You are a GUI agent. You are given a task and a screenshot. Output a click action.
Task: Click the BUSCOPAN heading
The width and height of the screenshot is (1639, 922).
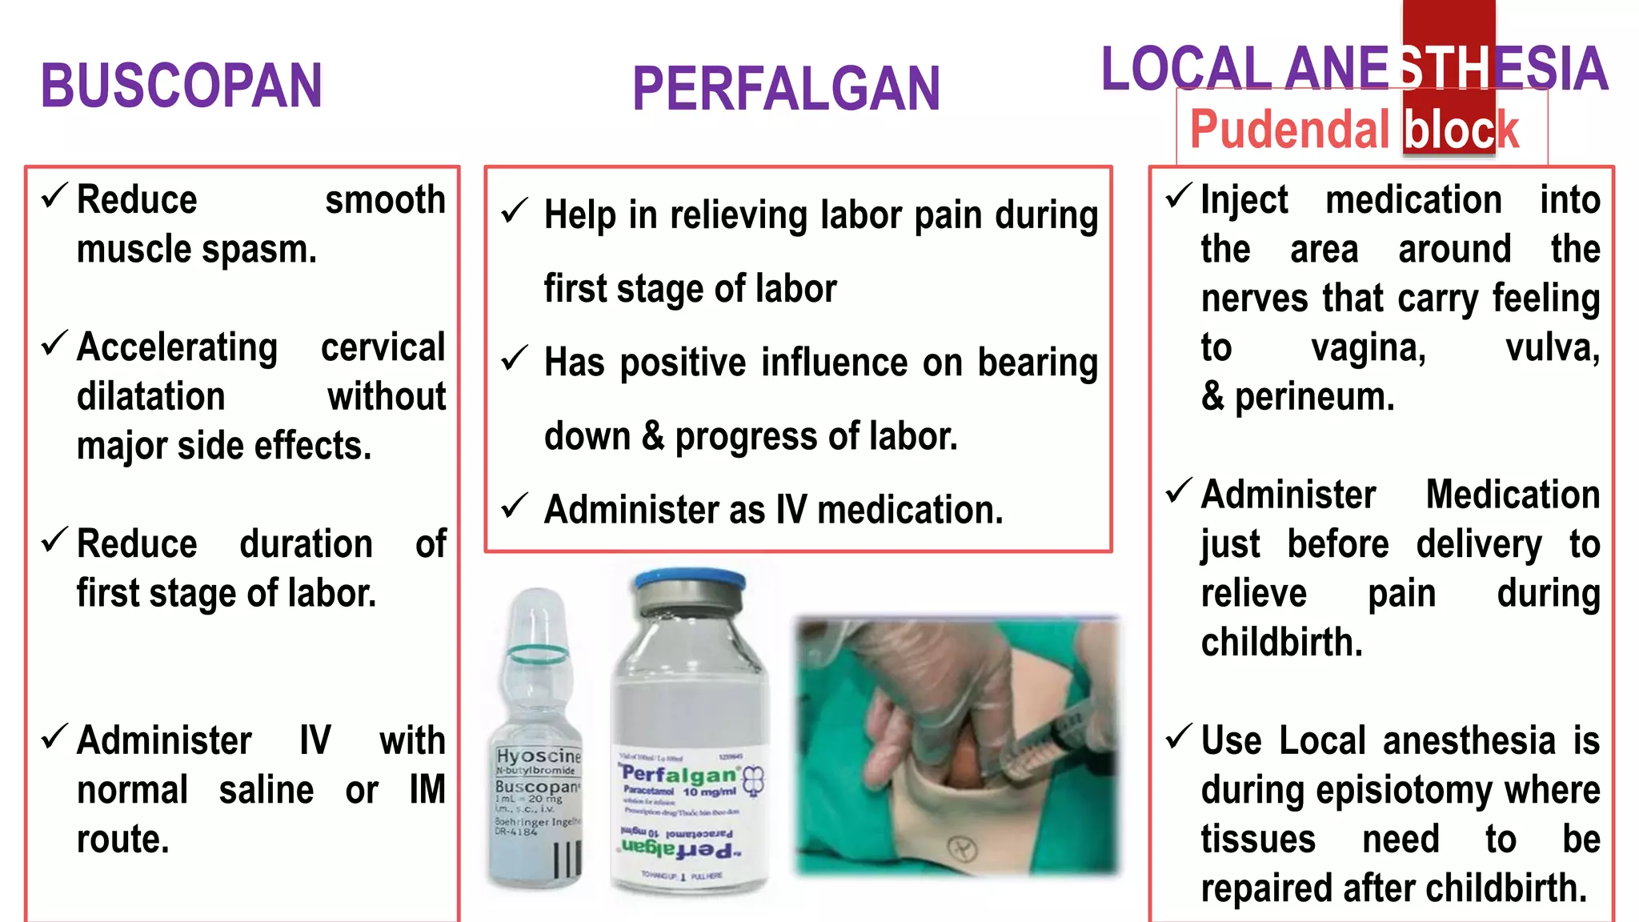[x=182, y=86]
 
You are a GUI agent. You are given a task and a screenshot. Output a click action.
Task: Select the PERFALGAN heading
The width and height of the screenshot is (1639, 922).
[x=786, y=89]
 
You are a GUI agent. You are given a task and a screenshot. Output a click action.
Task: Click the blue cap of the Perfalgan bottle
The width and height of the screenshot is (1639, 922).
[x=689, y=580]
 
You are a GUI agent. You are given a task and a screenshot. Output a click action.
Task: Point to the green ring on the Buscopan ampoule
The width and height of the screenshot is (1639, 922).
[x=538, y=654]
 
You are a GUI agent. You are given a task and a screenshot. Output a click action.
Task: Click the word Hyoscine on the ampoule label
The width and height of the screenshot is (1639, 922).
[x=538, y=756]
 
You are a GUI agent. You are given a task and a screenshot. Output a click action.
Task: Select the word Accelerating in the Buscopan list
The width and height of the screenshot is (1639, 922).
[x=177, y=347]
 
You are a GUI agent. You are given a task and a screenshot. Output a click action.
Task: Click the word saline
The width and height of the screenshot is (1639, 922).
[x=266, y=791]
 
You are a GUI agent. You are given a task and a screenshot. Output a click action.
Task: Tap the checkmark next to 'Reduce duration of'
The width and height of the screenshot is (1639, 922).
[x=54, y=540]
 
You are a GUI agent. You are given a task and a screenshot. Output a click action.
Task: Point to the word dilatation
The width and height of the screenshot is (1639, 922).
[x=150, y=397]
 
